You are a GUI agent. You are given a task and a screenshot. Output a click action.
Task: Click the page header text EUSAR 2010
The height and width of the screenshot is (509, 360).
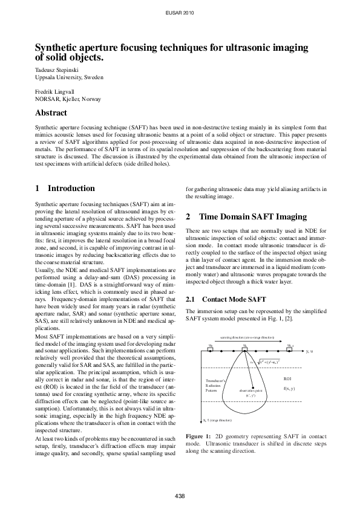pyautogui.click(x=180, y=12)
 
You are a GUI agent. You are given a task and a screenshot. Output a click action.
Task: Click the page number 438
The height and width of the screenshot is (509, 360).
pyautogui.click(x=180, y=496)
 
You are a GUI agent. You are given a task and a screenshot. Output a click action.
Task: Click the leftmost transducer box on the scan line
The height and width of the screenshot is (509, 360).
pyautogui.click(x=210, y=347)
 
